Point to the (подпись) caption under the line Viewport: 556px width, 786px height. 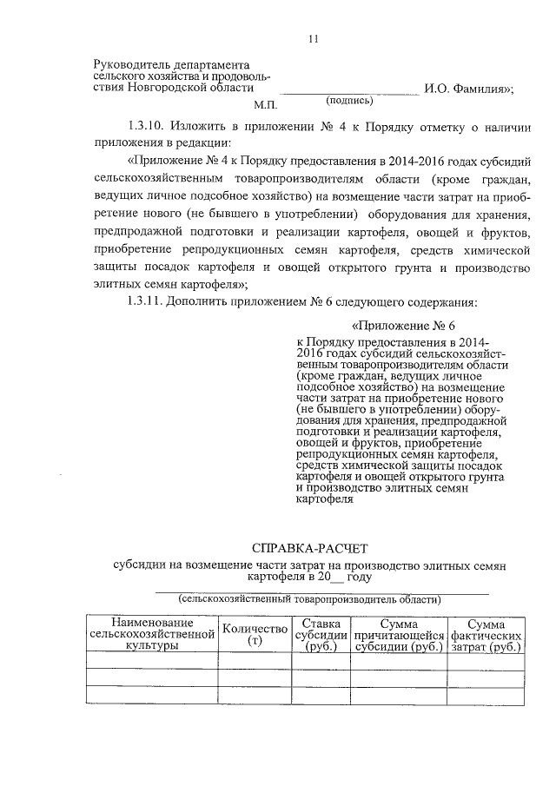pos(349,100)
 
